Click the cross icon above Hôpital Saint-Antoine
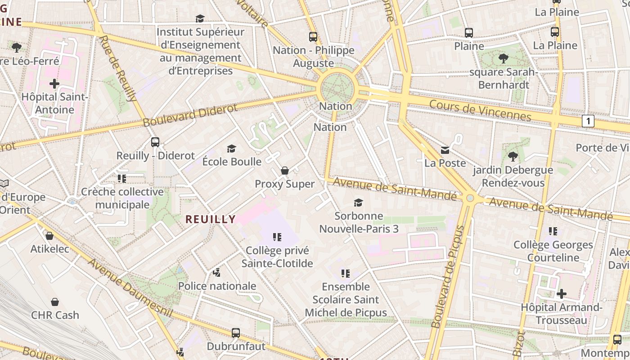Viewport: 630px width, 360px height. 54,84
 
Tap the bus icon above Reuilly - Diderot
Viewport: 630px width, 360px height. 155,142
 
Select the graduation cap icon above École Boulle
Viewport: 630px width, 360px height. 231,148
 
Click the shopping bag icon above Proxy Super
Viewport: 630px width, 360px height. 284,171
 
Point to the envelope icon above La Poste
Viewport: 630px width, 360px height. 445,150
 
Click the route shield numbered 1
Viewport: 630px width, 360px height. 588,121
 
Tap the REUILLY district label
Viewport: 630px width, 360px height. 211,219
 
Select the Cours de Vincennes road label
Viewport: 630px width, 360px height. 480,110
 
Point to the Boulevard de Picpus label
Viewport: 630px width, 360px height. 447,277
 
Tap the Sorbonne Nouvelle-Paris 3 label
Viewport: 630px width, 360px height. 359,222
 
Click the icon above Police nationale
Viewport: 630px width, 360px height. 217,273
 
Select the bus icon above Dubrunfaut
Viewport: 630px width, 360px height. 236,333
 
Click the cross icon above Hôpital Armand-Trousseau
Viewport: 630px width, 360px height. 561,294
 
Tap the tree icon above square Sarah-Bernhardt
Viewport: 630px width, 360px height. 503,58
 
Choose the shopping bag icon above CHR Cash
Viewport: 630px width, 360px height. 55,301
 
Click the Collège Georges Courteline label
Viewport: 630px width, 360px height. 553,251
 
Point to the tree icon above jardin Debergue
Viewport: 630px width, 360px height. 513,157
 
